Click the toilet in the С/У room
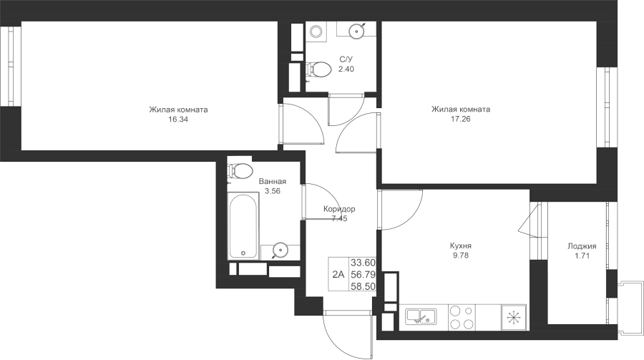[x=318, y=69]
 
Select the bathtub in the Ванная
[x=243, y=225]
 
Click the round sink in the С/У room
[x=356, y=30]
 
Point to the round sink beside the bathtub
[x=280, y=250]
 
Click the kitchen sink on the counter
[x=421, y=317]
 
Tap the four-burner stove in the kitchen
[x=462, y=317]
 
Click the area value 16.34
[x=178, y=120]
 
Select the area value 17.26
[x=460, y=120]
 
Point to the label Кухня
[x=460, y=245]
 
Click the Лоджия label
[x=582, y=246]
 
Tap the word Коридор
[x=339, y=209]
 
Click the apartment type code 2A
[x=338, y=274]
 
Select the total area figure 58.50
[x=363, y=286]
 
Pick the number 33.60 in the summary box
[x=363, y=262]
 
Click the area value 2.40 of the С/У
[x=346, y=69]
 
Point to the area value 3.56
[x=273, y=191]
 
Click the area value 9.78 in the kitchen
[x=460, y=256]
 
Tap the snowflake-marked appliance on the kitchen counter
[x=514, y=317]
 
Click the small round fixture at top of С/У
[x=316, y=31]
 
